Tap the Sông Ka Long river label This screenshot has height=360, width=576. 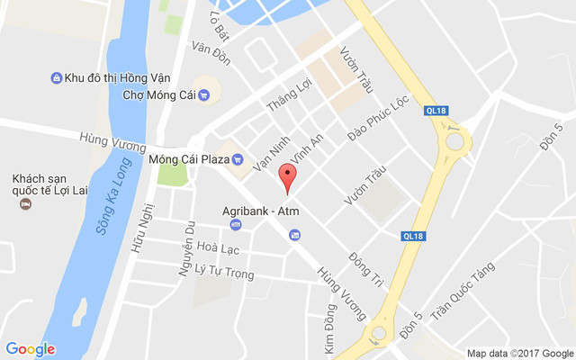(113, 210)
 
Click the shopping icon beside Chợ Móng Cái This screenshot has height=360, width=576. (204, 94)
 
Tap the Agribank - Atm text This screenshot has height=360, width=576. (260, 211)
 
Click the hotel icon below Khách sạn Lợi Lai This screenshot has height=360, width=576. (25, 204)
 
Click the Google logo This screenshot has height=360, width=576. (30, 349)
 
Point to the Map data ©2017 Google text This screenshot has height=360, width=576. (520, 353)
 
